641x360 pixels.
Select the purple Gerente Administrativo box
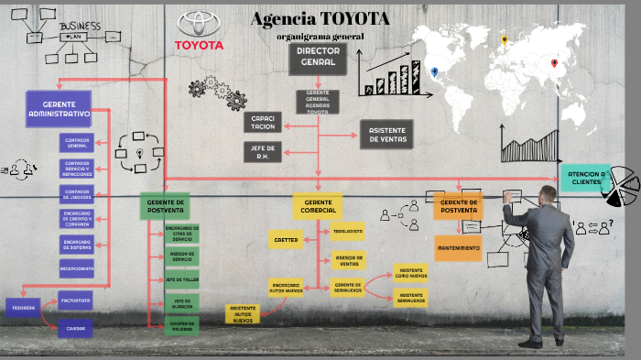tap(60, 109)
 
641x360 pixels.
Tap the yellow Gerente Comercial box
tap(318, 206)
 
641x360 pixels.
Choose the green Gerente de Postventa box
tap(166, 206)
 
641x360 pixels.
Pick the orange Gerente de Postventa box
tap(458, 206)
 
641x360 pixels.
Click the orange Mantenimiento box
tap(458, 248)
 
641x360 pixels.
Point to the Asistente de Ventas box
tap(387, 134)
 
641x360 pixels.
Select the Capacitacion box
tap(263, 123)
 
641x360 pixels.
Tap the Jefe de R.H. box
tap(263, 152)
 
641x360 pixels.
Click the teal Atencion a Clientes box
tap(585, 177)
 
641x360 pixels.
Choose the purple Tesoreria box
tap(24, 308)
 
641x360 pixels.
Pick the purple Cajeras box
tap(75, 327)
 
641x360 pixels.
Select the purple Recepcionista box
tap(77, 268)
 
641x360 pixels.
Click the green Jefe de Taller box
tap(181, 278)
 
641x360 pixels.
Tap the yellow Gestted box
tap(285, 240)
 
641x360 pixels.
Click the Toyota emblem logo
tap(199, 25)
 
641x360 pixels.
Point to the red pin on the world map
tap(554, 64)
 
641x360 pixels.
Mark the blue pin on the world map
tap(434, 72)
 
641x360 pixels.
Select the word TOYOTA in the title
tap(355, 19)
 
